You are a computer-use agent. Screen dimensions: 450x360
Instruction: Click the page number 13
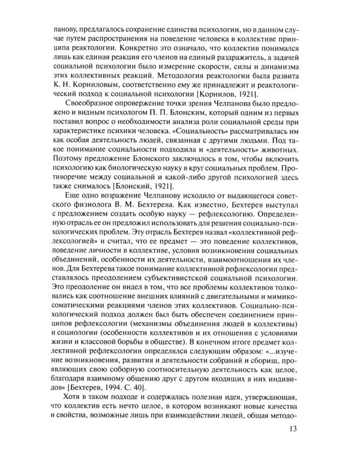tap(310, 429)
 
